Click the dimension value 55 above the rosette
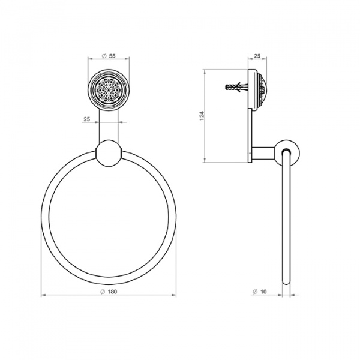(x=112, y=56)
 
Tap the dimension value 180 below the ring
(x=112, y=292)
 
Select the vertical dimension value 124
(x=202, y=116)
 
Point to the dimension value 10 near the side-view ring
(x=263, y=292)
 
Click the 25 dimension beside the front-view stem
(x=86, y=119)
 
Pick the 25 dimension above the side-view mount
(x=257, y=56)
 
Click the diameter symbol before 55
(x=104, y=56)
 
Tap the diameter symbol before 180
(x=103, y=292)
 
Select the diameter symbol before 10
(x=255, y=292)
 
